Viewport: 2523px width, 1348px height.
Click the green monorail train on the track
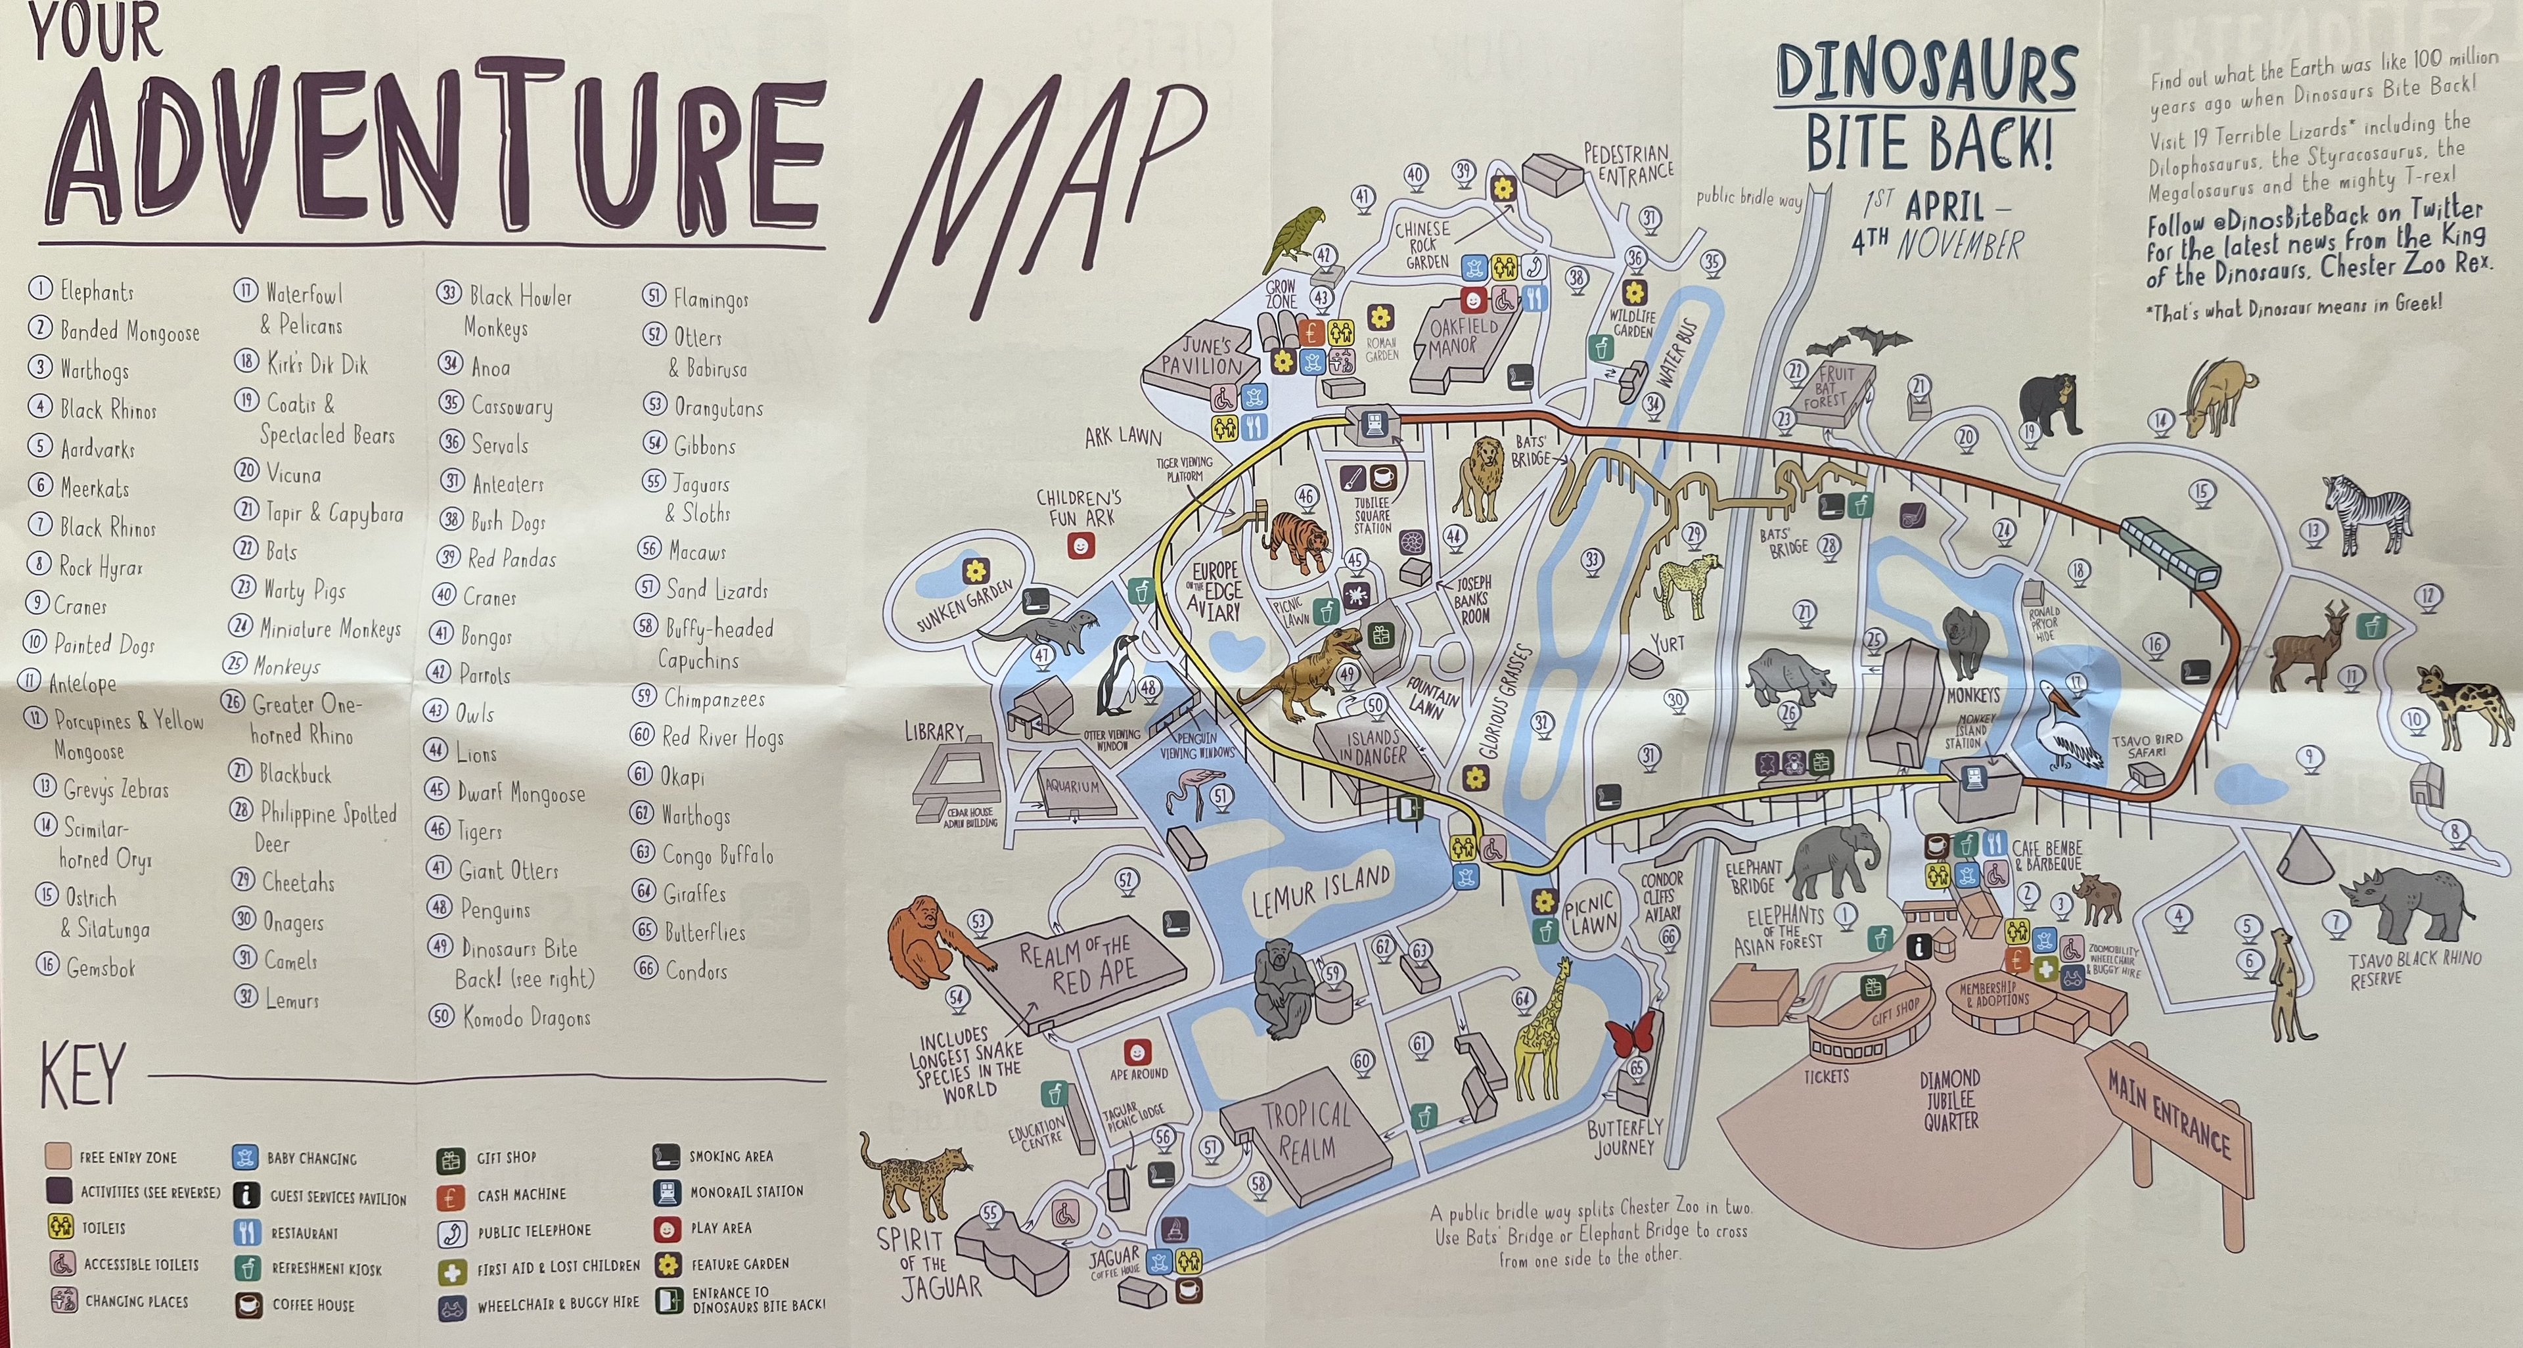2170,554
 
